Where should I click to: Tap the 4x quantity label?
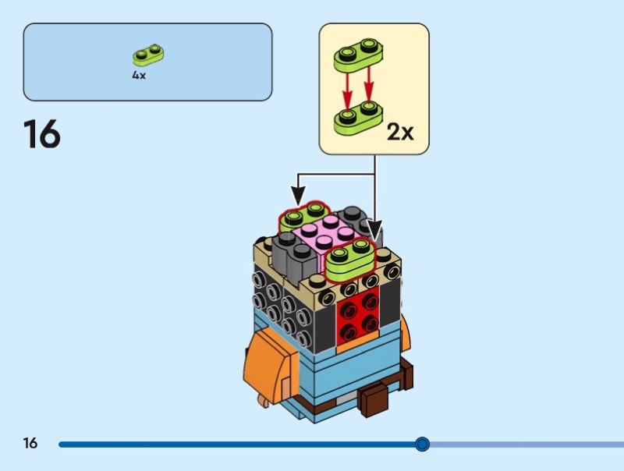[x=139, y=76]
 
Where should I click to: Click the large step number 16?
[x=42, y=134]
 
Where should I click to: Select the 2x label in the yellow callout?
[x=400, y=132]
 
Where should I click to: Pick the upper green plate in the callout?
[x=357, y=54]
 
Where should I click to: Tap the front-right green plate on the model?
[x=349, y=257]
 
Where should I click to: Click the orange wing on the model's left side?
[x=264, y=367]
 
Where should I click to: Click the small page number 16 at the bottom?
[x=30, y=444]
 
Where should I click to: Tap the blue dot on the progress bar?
[x=422, y=444]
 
